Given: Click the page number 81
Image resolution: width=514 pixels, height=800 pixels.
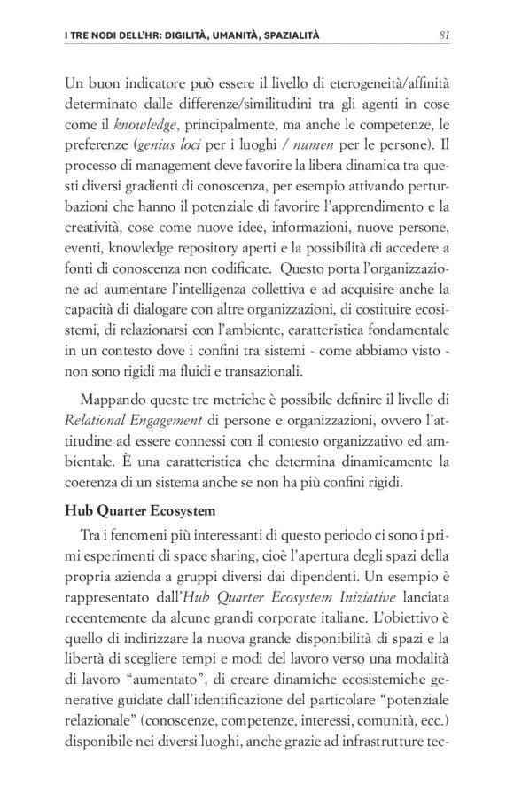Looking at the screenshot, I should [x=445, y=35].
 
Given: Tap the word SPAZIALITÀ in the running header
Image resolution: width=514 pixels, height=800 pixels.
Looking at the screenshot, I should [x=284, y=35].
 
